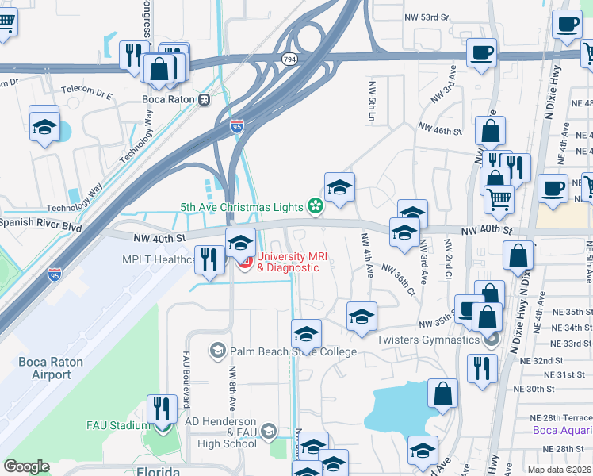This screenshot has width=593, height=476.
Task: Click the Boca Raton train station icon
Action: pyautogui.click(x=205, y=99)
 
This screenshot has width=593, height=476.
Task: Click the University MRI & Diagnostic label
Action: pyautogui.click(x=287, y=262)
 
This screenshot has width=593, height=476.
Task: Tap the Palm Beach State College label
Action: pyautogui.click(x=293, y=351)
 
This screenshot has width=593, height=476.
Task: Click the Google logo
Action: pyautogui.click(x=26, y=466)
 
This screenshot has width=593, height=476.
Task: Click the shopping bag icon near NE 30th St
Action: pyautogui.click(x=442, y=392)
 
